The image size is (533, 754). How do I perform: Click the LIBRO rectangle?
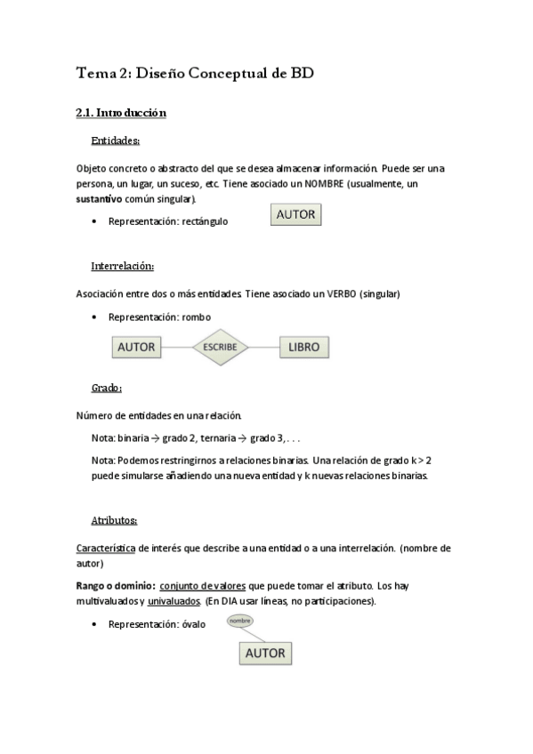[x=304, y=347]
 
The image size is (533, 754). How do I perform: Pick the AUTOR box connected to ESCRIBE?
[x=137, y=347]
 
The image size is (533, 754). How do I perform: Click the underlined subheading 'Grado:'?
[x=107, y=389]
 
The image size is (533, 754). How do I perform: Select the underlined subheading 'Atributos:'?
[x=114, y=520]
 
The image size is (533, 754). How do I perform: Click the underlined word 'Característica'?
[x=105, y=549]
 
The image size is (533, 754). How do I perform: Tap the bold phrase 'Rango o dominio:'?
[x=117, y=586]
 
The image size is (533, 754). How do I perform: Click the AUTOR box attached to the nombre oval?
[x=265, y=653]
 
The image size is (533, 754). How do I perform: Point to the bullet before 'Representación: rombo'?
[x=94, y=317]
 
